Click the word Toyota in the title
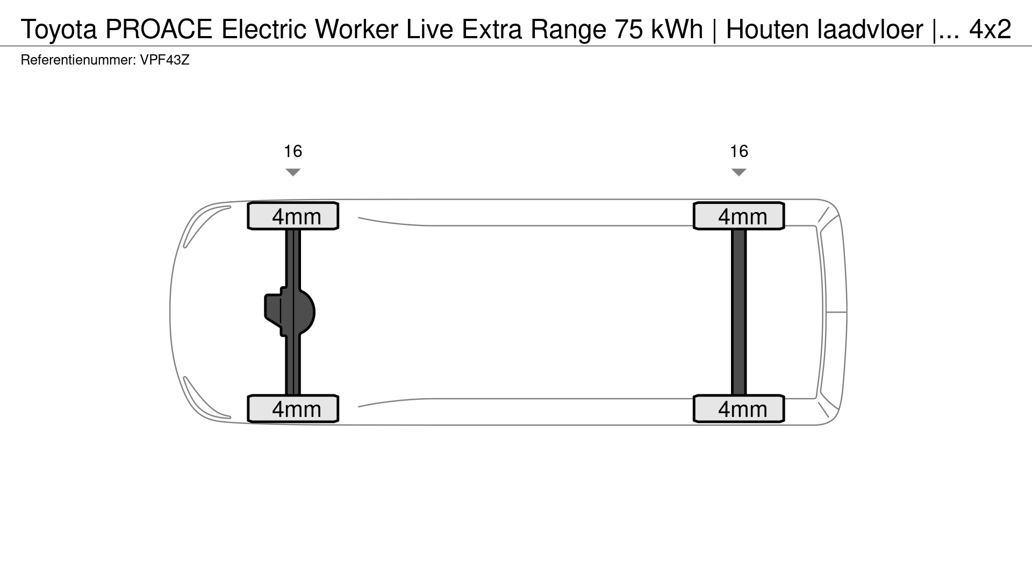point(59,30)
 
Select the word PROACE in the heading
point(159,29)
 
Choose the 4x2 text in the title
point(990,29)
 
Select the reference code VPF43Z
point(165,60)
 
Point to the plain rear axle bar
point(739,312)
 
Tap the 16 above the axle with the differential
point(293,151)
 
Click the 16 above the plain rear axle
point(739,151)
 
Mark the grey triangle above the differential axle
point(293,172)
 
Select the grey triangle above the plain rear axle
point(739,172)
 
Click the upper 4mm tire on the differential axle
point(293,216)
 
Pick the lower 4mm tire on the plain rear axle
point(739,409)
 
